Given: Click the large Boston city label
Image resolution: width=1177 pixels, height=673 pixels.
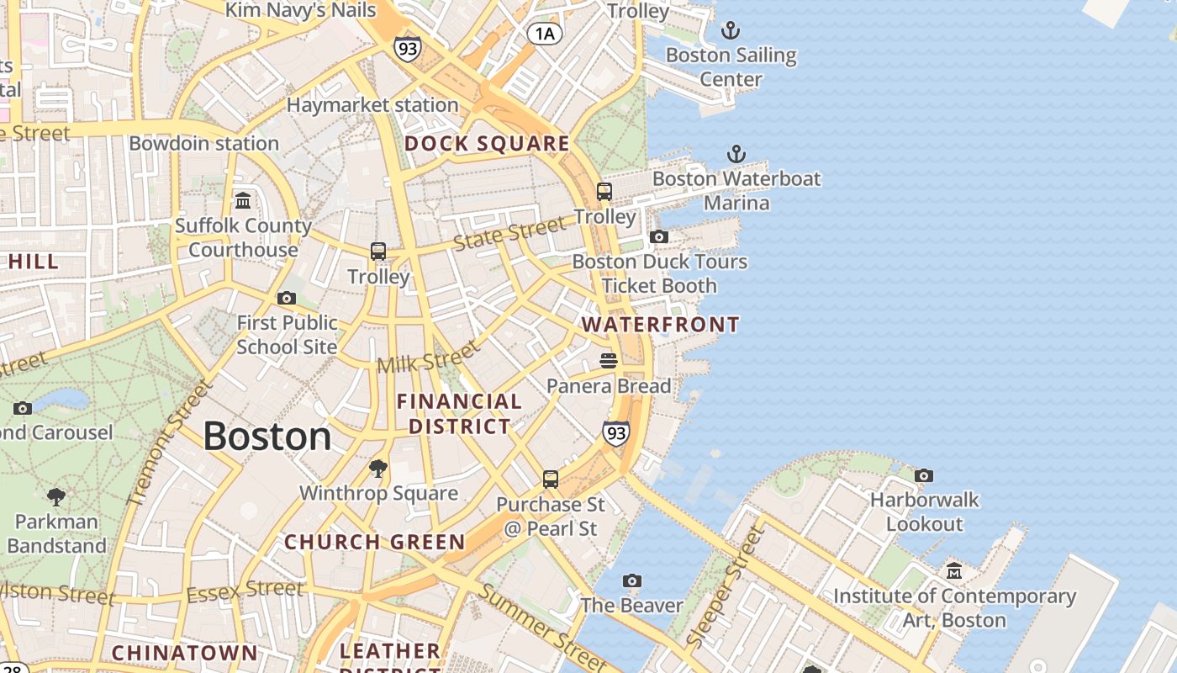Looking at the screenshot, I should (x=267, y=437).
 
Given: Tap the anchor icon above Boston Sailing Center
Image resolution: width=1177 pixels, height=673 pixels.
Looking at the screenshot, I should (x=731, y=31).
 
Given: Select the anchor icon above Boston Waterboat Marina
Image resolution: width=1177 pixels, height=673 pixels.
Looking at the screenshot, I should (x=736, y=154).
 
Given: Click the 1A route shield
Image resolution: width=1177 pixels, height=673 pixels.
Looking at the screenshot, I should (x=544, y=34).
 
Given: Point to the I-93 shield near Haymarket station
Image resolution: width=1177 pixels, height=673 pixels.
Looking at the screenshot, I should (x=407, y=49).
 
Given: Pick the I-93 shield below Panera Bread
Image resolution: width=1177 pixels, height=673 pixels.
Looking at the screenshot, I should (x=616, y=433).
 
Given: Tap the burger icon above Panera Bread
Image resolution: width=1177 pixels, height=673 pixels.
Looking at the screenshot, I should (x=609, y=361).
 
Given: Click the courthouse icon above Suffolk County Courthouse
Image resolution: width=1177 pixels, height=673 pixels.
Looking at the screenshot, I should (x=243, y=200).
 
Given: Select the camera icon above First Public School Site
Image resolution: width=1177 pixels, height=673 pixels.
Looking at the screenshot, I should (x=287, y=298).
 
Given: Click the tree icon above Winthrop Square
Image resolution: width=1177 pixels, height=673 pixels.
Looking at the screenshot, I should (x=378, y=468).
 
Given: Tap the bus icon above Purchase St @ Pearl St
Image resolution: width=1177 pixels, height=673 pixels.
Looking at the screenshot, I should (x=551, y=480).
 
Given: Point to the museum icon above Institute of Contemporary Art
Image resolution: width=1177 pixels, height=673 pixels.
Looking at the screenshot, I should (x=954, y=571).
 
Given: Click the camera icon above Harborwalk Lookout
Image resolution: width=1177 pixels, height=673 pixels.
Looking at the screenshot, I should (x=924, y=475).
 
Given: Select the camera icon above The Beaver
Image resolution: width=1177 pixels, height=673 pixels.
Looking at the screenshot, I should (x=632, y=580).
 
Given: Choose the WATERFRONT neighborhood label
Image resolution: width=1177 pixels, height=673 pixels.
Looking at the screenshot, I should (x=661, y=325).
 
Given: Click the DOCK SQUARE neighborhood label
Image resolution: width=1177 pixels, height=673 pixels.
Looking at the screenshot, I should (x=487, y=144).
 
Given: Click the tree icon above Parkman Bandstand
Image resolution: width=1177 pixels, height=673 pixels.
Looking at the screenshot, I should (x=56, y=496).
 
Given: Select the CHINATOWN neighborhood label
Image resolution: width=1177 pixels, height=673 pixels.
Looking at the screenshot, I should (x=184, y=653).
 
